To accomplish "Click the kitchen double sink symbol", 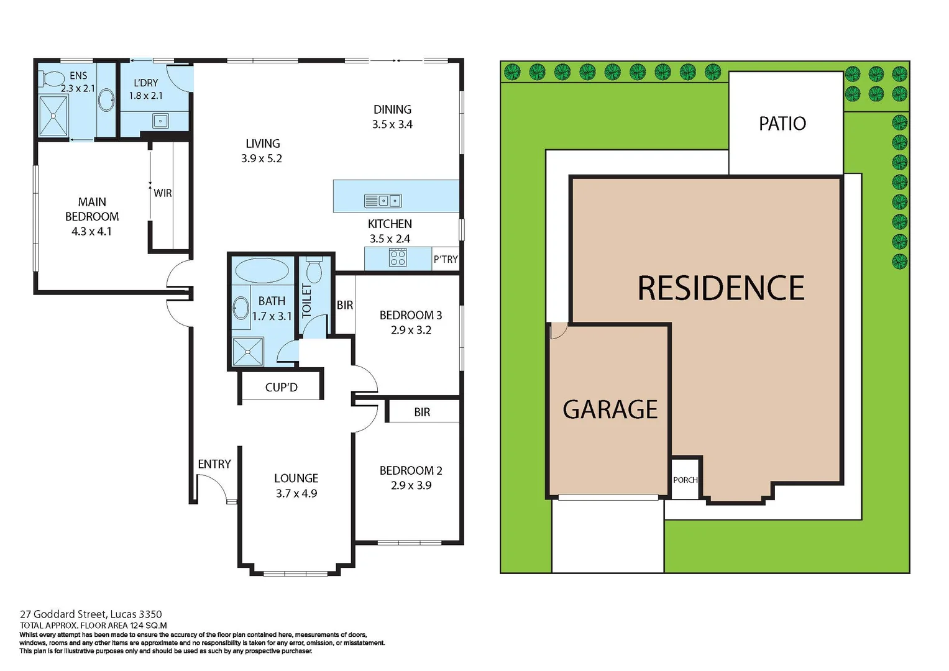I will pyautogui.click(x=383, y=201).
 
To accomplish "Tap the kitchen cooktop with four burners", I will pyautogui.click(x=398, y=258).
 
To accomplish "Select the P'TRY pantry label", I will pyautogui.click(x=446, y=259).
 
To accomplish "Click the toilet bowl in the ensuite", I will pyautogui.click(x=52, y=79).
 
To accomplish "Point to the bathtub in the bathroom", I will pyautogui.click(x=262, y=271).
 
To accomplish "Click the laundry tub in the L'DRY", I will pyautogui.click(x=160, y=121).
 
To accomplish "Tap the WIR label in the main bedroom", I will pyautogui.click(x=163, y=193).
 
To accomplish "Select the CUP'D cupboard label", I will pyautogui.click(x=281, y=387).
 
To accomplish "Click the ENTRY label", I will pyautogui.click(x=214, y=464).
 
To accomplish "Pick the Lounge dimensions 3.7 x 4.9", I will pyautogui.click(x=296, y=493).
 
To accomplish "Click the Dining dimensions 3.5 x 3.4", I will pyautogui.click(x=392, y=124).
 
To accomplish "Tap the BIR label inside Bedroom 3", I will pyautogui.click(x=345, y=305).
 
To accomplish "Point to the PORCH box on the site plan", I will pyautogui.click(x=685, y=479).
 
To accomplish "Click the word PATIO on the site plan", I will pyautogui.click(x=782, y=124).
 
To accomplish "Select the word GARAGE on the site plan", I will pyautogui.click(x=610, y=409).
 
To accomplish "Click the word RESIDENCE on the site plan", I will pyautogui.click(x=721, y=288).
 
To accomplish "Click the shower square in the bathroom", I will pyautogui.click(x=248, y=352).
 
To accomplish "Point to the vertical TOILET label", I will pyautogui.click(x=306, y=301).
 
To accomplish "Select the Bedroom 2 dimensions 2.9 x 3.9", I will pyautogui.click(x=411, y=485).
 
